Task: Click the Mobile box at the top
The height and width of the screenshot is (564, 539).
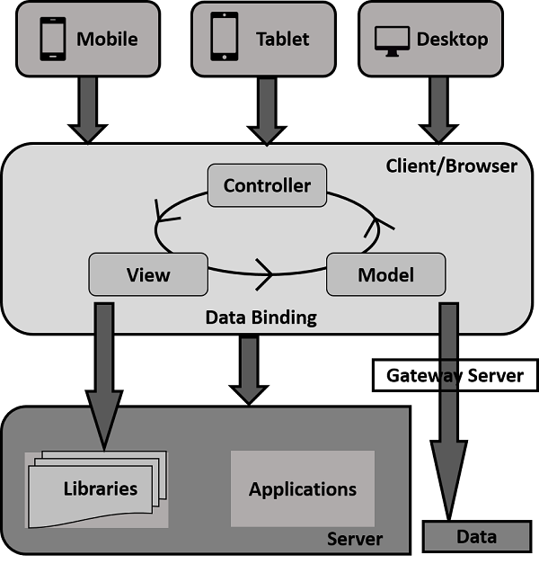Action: [x=90, y=40]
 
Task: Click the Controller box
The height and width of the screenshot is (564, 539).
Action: [x=267, y=185]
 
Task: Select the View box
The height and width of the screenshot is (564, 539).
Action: [x=148, y=274]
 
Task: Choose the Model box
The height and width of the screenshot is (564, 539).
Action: [x=385, y=274]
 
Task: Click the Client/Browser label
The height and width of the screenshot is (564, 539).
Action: [x=451, y=166]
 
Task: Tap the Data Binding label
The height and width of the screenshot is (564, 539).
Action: [x=261, y=318]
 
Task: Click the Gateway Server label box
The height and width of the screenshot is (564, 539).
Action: [x=455, y=375]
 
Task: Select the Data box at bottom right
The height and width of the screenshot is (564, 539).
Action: [x=476, y=537]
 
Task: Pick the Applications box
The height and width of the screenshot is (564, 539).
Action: [x=303, y=489]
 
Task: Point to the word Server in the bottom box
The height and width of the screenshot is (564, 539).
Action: [x=354, y=539]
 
